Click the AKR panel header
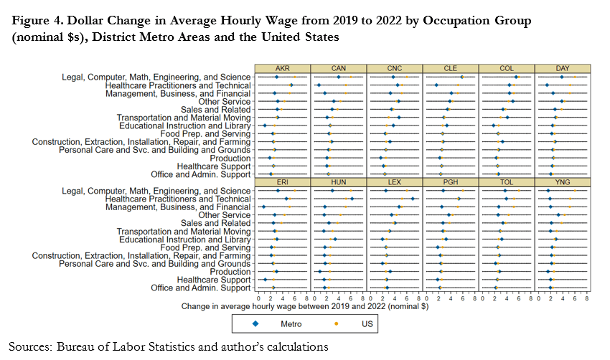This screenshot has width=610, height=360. click(x=281, y=68)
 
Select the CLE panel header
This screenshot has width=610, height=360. click(x=451, y=68)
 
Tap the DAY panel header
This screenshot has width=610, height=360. click(x=563, y=68)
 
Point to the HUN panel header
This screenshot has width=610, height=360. click(x=338, y=182)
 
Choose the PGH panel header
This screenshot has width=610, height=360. click(x=451, y=182)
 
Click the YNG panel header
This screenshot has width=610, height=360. click(x=563, y=182)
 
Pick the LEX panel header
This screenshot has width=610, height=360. click(x=394, y=182)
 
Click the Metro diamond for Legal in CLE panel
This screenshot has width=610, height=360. click(x=461, y=77)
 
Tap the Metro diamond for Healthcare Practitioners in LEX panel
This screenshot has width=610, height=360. click(x=413, y=199)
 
